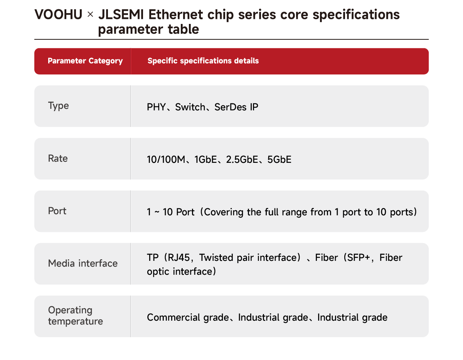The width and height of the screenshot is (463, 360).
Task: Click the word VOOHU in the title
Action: coord(58,15)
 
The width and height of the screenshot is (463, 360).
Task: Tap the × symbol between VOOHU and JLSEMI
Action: coord(90,15)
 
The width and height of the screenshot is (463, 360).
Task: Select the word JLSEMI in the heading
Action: coord(121,15)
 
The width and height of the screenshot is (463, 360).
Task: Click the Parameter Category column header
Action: coord(85,61)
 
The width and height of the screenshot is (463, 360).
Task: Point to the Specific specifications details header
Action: coord(203,61)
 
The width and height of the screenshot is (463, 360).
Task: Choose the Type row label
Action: coord(58,106)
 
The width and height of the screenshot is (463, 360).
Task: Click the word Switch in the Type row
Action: coord(190,107)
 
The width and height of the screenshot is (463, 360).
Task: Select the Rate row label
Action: coord(58,159)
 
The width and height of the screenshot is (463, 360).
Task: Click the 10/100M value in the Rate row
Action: coord(166,159)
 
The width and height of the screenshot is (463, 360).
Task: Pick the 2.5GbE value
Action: coord(242,159)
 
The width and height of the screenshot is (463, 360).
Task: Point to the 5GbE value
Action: coord(279,159)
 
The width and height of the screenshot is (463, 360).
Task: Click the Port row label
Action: coord(57,211)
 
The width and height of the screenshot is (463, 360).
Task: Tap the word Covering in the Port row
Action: coord(224,213)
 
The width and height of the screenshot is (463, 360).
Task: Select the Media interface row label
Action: coord(82,264)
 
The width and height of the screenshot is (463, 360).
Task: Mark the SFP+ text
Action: coord(359,258)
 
